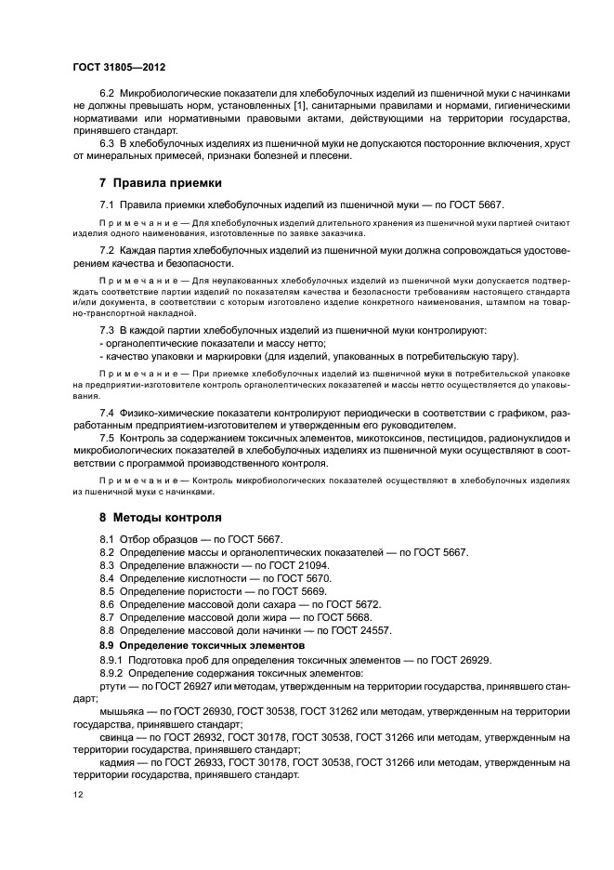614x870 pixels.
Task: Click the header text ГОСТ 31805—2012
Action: point(118,68)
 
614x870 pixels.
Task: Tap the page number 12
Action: point(78,795)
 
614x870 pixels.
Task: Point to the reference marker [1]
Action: point(300,107)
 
